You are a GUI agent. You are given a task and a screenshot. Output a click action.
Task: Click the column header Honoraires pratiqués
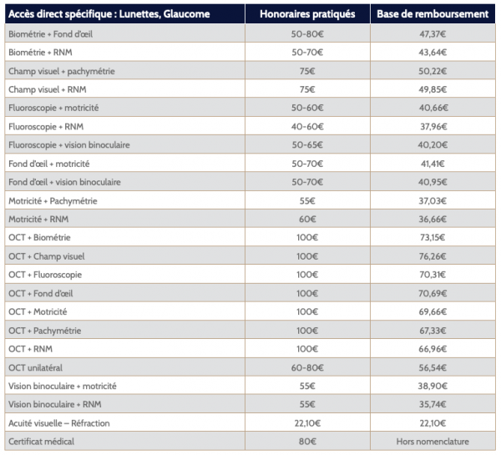pyautogui.click(x=307, y=14)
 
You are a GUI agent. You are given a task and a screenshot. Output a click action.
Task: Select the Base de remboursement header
pyautogui.click(x=433, y=14)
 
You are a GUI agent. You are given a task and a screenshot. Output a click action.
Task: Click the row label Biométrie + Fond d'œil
pyautogui.click(x=50, y=34)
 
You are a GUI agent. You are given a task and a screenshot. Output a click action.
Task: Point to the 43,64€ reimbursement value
pyautogui.click(x=433, y=52)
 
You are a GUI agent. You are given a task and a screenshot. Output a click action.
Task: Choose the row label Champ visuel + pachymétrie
pyautogui.click(x=62, y=71)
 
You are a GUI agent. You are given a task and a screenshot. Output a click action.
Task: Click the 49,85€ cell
pyautogui.click(x=433, y=89)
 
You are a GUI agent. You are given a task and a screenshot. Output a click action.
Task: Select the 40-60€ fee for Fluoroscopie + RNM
pyautogui.click(x=307, y=127)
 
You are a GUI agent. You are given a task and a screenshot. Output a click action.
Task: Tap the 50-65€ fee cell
pyautogui.click(x=307, y=144)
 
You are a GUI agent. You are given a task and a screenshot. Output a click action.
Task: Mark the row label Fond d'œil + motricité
pyautogui.click(x=49, y=164)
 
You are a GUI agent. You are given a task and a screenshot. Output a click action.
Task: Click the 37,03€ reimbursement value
pyautogui.click(x=433, y=200)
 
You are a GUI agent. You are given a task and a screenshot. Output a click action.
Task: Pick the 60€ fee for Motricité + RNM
pyautogui.click(x=307, y=219)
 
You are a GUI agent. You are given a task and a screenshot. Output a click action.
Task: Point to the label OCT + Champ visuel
pyautogui.click(x=47, y=256)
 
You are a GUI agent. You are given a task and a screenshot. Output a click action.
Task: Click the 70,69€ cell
pyautogui.click(x=433, y=293)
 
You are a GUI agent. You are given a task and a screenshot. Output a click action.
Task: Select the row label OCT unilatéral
pyautogui.click(x=35, y=367)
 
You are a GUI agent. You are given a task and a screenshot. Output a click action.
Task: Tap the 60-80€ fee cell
pyautogui.click(x=307, y=367)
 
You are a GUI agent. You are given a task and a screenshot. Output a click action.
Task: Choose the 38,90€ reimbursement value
pyautogui.click(x=433, y=386)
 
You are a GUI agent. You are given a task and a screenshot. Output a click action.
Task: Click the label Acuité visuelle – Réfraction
pyautogui.click(x=59, y=423)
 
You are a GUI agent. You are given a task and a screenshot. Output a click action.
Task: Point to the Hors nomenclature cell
pyautogui.click(x=433, y=442)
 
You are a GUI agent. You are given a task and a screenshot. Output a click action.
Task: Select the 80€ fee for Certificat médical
pyautogui.click(x=307, y=442)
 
